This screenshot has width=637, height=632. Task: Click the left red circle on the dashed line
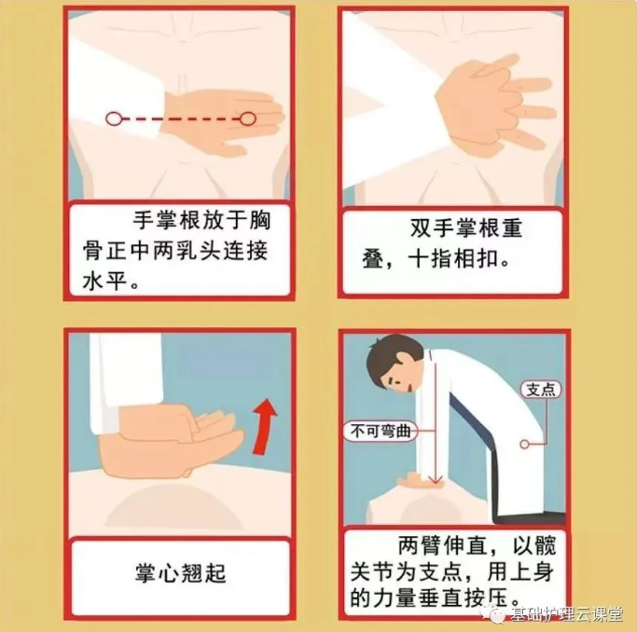point(114,119)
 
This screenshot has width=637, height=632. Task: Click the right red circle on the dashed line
point(247,119)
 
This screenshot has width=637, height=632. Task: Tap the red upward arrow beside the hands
point(264,425)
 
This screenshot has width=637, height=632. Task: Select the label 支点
point(541,390)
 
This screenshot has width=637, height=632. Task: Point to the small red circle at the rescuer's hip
point(524,445)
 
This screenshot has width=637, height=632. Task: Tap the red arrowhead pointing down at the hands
point(436,479)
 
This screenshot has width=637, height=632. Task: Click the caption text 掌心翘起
point(180,573)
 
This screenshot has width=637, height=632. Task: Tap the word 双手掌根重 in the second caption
point(466,227)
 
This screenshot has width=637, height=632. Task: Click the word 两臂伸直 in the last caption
point(442,545)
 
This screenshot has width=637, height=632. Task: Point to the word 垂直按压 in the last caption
point(464,598)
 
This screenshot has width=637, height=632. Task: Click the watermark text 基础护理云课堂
point(566,613)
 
